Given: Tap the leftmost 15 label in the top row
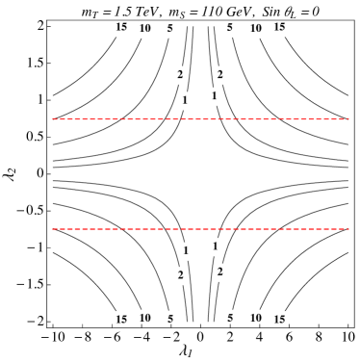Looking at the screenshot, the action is click(x=121, y=28).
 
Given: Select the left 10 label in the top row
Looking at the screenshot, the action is click(x=145, y=30).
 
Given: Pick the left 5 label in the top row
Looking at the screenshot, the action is click(x=170, y=29).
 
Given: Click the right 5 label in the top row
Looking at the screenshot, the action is click(x=230, y=29).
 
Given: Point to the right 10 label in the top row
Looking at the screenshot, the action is click(x=255, y=30).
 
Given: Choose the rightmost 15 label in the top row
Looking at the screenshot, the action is click(x=279, y=28).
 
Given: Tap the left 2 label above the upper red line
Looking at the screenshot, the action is click(x=180, y=75).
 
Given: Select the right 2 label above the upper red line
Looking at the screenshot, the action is click(x=220, y=75).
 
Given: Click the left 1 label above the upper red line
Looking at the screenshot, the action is click(x=185, y=100).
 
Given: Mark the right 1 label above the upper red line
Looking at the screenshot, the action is click(x=215, y=96).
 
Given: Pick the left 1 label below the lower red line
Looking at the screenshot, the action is click(x=186, y=251).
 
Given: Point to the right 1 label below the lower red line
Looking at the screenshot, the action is click(x=216, y=247).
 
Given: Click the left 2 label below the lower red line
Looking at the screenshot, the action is click(x=181, y=275).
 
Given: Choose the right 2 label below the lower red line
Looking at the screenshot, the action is click(x=220, y=272).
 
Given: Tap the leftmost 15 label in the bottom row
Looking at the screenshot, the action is click(x=121, y=319).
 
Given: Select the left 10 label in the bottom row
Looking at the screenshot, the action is click(x=145, y=318).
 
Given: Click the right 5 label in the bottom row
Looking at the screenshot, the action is click(x=230, y=318).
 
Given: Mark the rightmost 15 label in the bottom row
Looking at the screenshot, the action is click(x=279, y=319).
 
